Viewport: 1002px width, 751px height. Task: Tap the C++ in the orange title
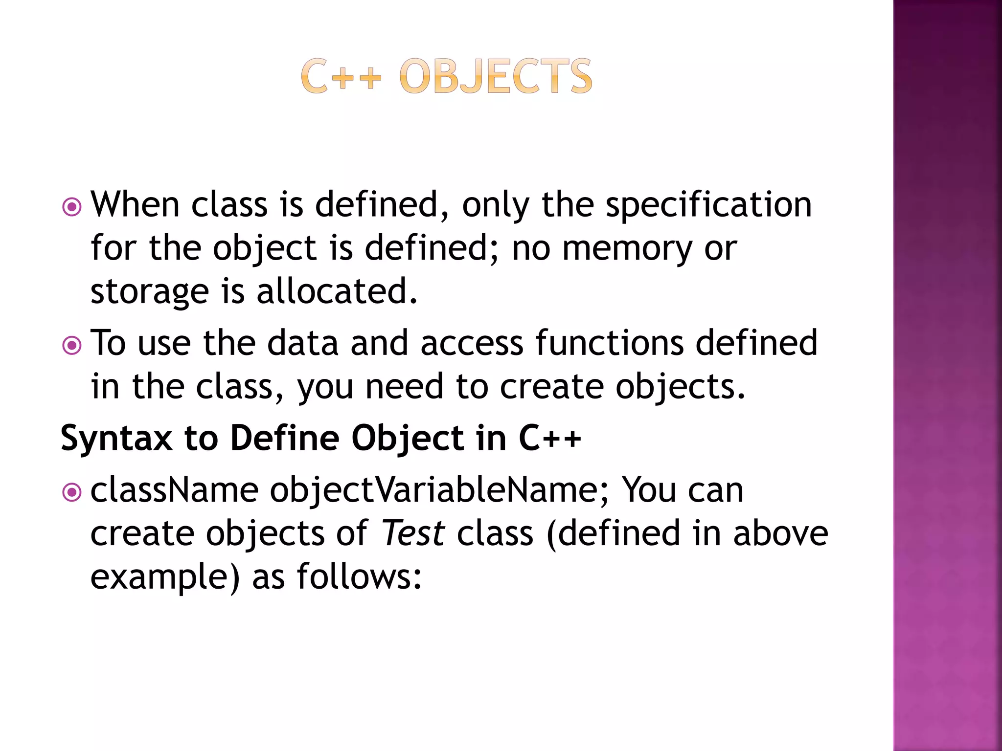pos(341,76)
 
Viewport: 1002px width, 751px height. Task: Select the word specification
pos(708,205)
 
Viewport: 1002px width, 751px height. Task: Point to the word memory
pos(627,249)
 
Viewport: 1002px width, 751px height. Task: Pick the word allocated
pos(337,291)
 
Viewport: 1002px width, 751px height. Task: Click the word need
pos(405,387)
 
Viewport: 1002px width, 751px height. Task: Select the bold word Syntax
pos(116,439)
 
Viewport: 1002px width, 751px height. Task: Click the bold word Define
pos(285,438)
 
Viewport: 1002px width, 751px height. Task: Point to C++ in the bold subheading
pos(550,438)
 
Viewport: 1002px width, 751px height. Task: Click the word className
pos(175,490)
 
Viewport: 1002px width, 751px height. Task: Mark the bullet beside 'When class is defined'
pos(72,207)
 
